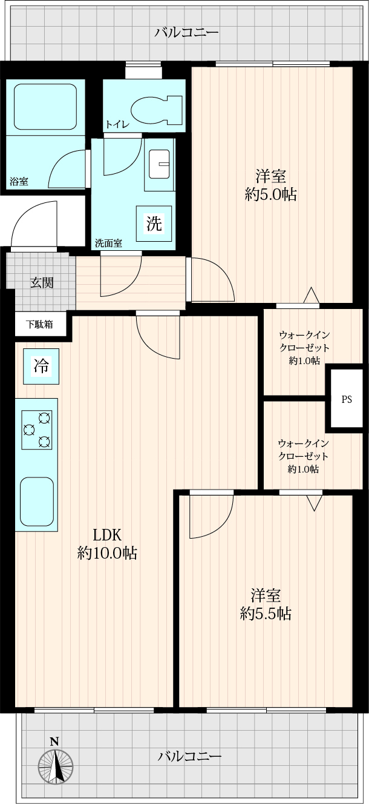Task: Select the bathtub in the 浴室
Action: [x=45, y=106]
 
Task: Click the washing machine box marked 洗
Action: [x=154, y=224]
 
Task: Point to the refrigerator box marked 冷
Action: [x=41, y=367]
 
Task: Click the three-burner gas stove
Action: [x=37, y=430]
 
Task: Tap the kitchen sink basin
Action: [x=37, y=502]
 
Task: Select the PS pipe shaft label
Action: [x=347, y=399]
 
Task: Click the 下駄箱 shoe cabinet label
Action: [x=39, y=325]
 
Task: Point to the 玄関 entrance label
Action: [x=42, y=283]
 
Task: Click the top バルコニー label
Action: [x=186, y=33]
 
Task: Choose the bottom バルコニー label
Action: [x=189, y=757]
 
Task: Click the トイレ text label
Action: [x=117, y=125]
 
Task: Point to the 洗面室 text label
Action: [x=108, y=244]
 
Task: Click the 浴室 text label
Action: [x=19, y=182]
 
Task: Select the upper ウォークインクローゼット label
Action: [x=304, y=348]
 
